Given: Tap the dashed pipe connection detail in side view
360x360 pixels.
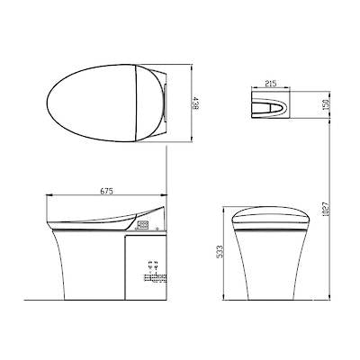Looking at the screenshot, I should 149,268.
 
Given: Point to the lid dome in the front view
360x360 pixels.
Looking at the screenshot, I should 270,217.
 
